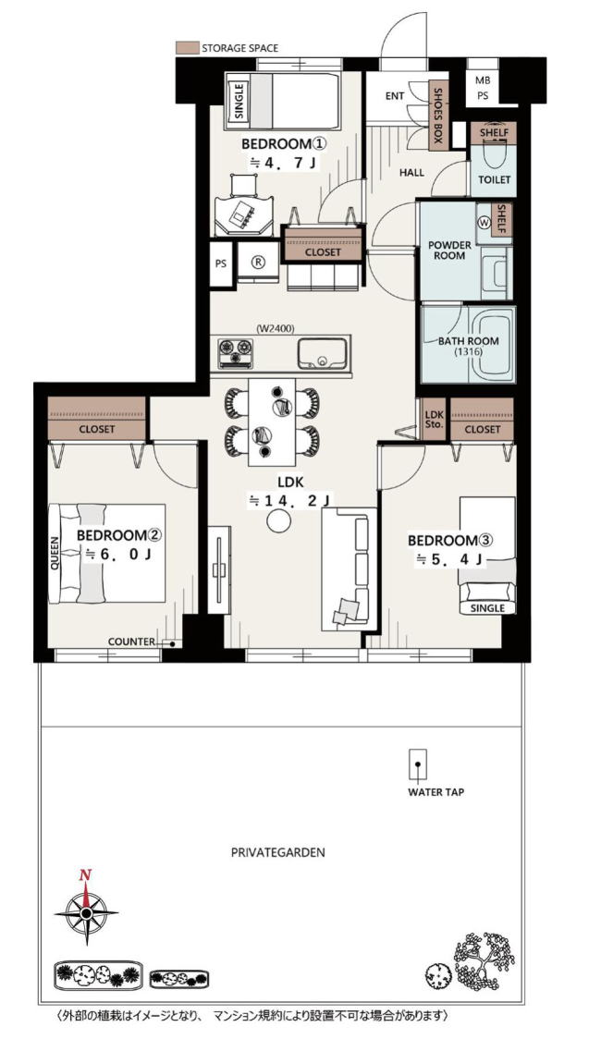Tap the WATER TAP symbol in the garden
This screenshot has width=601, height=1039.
[417, 765]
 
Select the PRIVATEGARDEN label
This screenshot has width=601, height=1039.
[278, 852]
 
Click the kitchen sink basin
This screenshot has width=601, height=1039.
[322, 354]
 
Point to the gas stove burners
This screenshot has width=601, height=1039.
[235, 352]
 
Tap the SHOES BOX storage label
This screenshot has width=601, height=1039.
[437, 116]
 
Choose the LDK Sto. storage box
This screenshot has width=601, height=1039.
[434, 419]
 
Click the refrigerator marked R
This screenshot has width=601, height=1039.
[258, 262]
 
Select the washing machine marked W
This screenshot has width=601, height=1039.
[484, 224]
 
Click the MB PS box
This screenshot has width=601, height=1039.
[483, 88]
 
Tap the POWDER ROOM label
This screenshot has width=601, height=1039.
[449, 250]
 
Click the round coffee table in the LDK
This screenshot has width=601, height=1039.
[279, 520]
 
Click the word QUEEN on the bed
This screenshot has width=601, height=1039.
[55, 553]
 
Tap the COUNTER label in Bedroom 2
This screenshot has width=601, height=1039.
[131, 642]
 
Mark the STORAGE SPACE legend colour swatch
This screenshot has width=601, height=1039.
[187, 48]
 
